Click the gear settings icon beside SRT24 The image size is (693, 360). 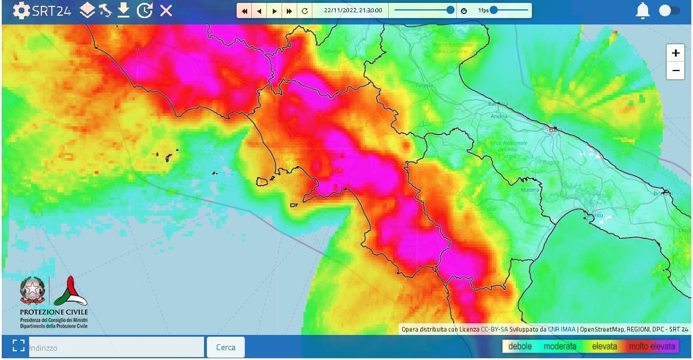tap(21, 10)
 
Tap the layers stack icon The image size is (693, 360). tap(87, 10)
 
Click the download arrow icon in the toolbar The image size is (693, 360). tap(124, 10)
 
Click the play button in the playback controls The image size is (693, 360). tap(275, 11)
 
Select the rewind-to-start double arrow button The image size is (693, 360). tap(245, 11)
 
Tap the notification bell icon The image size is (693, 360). tap(643, 10)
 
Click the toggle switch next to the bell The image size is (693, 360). tap(669, 10)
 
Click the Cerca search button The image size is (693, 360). tap(226, 347)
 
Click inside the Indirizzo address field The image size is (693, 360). tap(117, 347)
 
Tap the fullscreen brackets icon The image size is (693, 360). tap(17, 347)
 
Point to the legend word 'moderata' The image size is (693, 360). tap(560, 347)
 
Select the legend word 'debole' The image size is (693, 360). tap(520, 347)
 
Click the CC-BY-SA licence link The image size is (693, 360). tap(494, 329)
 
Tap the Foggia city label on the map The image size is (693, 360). tap(425, 86)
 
